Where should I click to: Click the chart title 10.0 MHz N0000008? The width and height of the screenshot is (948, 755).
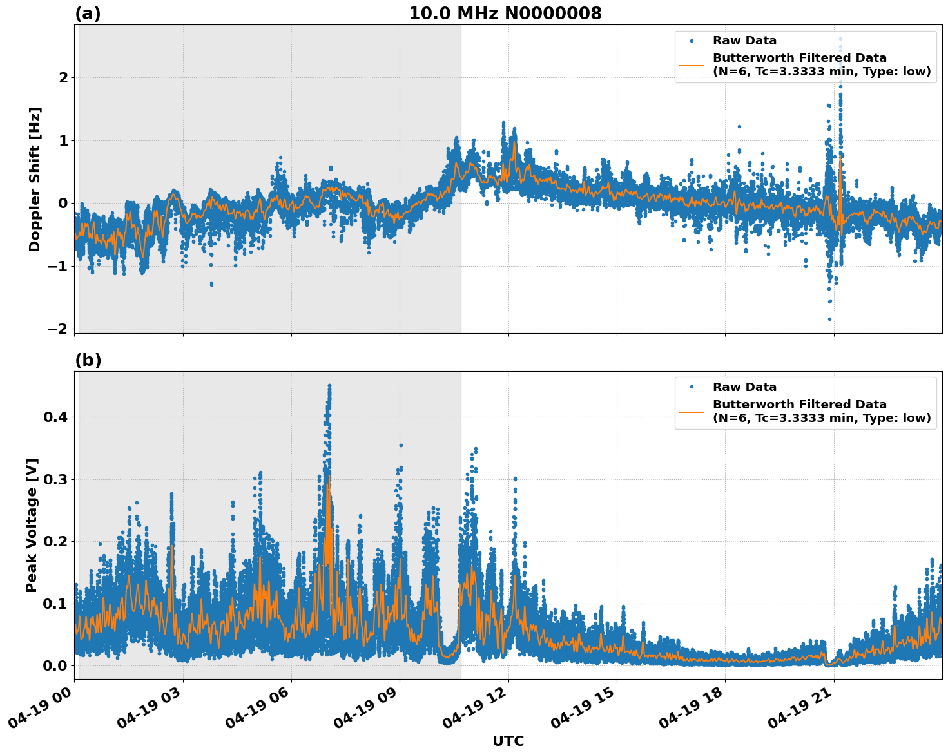pos(505,14)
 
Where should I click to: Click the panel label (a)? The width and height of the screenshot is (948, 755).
pos(88,14)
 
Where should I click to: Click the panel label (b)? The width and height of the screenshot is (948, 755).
pos(88,360)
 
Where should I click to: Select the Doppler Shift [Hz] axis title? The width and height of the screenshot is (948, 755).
pos(35,179)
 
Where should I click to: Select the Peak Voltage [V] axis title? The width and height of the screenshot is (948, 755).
pos(32,525)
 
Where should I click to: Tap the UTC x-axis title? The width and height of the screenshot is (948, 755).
pos(508,741)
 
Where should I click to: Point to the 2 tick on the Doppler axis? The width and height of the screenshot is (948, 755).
pos(63,78)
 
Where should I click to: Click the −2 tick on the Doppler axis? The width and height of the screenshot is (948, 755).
pos(57,329)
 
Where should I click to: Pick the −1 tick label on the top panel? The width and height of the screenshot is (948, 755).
pos(57,266)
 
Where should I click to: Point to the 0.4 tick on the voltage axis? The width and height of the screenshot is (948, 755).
pos(55,417)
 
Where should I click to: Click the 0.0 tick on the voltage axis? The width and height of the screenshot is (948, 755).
pos(55,665)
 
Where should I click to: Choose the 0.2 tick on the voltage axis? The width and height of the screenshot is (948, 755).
pos(55,541)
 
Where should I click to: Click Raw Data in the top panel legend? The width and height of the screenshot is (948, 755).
pos(744,41)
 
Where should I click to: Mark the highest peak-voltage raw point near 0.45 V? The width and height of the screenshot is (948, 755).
pos(329,386)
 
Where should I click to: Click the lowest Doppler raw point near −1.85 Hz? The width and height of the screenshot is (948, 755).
pos(829,319)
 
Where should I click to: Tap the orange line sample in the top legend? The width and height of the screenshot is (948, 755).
pos(692,65)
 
